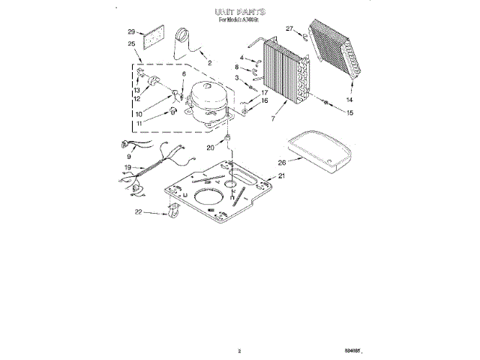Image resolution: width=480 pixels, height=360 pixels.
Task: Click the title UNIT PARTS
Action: [x=239, y=13]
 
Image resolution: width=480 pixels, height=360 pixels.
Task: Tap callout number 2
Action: [x=209, y=63]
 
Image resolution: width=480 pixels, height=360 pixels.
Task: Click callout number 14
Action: [x=349, y=99]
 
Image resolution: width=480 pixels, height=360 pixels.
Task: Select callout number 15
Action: [x=349, y=112]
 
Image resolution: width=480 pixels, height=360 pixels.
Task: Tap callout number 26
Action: [x=282, y=161]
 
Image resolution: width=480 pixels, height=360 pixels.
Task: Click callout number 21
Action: [x=282, y=175]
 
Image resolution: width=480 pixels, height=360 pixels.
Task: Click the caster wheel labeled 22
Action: [x=172, y=216]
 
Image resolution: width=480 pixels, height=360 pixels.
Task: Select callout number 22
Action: [x=137, y=213]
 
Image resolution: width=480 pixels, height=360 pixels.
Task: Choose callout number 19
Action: [x=128, y=167]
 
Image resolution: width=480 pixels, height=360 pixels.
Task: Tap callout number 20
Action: [x=210, y=148]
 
